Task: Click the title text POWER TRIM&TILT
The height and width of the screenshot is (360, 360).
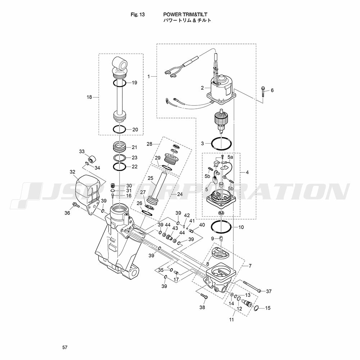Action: pyautogui.click(x=185, y=14)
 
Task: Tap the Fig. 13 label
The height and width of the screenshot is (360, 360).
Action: pyautogui.click(x=138, y=15)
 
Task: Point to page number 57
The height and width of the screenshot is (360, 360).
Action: pyautogui.click(x=65, y=347)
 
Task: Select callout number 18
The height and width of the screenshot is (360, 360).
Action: pyautogui.click(x=89, y=97)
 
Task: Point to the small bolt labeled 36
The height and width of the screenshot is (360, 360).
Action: pyautogui.click(x=76, y=205)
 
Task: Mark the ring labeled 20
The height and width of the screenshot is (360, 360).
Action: pyautogui.click(x=120, y=129)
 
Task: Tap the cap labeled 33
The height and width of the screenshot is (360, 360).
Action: pyautogui.click(x=92, y=159)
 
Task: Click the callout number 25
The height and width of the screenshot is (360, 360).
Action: pyautogui.click(x=150, y=178)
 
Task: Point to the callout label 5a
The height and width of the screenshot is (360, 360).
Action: pyautogui.click(x=230, y=157)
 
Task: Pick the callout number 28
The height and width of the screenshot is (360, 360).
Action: pyautogui.click(x=149, y=144)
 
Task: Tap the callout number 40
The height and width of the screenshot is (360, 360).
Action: pyautogui.click(x=202, y=225)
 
